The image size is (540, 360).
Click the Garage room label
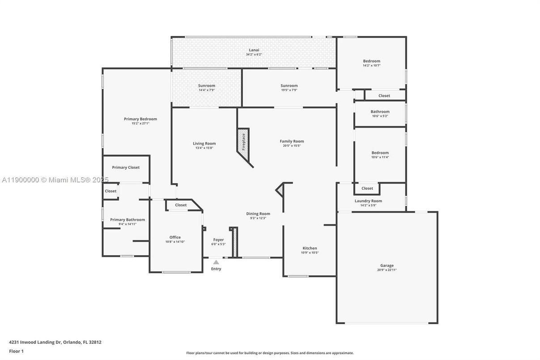click(387, 265)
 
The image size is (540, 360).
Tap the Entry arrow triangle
click(216, 262)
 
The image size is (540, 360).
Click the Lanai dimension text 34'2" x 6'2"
click(254, 55)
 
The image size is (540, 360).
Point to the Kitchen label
click(310, 248)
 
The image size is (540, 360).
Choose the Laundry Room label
click(368, 201)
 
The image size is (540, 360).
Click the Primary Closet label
click(126, 167)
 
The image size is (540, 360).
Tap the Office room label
click(175, 237)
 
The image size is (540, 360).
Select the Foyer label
click(218, 240)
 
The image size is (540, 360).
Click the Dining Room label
click(258, 214)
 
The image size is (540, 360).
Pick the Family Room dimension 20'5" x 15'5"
click(292, 146)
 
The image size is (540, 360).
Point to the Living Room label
click(204, 143)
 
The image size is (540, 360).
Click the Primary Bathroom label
click(128, 219)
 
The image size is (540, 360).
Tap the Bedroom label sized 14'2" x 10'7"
click(371, 61)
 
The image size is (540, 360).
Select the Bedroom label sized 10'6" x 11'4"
click(380, 153)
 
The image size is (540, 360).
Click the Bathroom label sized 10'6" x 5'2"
click(380, 111)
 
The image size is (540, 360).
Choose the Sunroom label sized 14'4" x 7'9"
click(207, 86)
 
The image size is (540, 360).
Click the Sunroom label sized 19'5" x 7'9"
click(289, 86)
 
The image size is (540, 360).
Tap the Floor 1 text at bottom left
click(16, 351)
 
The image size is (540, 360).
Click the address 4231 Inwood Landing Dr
click(34, 342)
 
